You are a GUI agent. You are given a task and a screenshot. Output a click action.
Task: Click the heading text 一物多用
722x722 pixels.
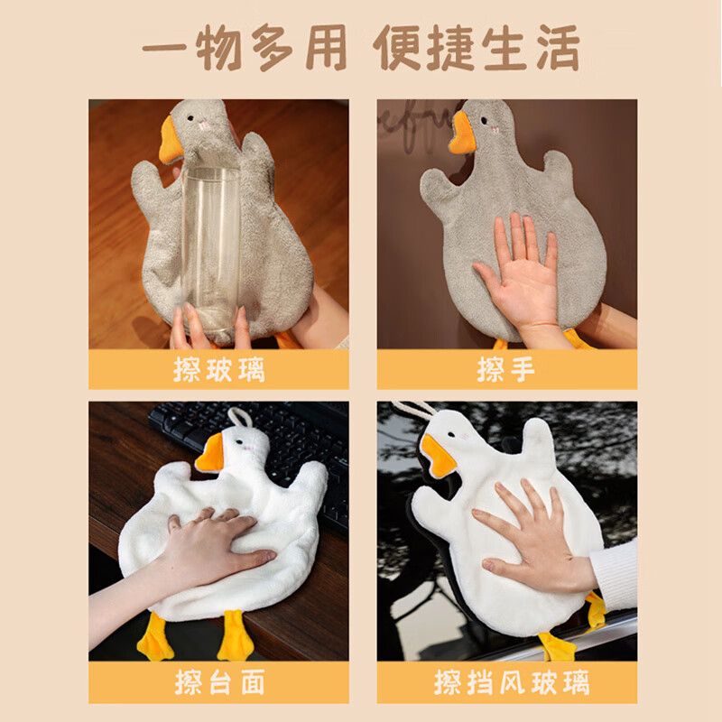pyautogui.click(x=245, y=47)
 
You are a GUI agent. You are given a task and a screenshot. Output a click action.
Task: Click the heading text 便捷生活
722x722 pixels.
pyautogui.click(x=477, y=47)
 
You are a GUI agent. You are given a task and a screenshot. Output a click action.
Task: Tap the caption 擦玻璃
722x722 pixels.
pyautogui.click(x=218, y=370)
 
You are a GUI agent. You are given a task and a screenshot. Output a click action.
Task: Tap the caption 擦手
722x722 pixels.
pyautogui.click(x=506, y=370)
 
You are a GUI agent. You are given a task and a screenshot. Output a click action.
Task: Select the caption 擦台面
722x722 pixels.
pyautogui.click(x=218, y=682)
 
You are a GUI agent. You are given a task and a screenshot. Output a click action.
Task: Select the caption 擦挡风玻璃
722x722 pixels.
pyautogui.click(x=506, y=682)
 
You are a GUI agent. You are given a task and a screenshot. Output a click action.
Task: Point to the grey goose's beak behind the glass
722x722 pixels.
pyautogui.click(x=171, y=140)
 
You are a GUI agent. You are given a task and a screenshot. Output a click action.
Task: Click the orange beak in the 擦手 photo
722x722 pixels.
pyautogui.click(x=461, y=134)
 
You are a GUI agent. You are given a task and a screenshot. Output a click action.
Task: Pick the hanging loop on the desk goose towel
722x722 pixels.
pyautogui.click(x=240, y=417)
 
